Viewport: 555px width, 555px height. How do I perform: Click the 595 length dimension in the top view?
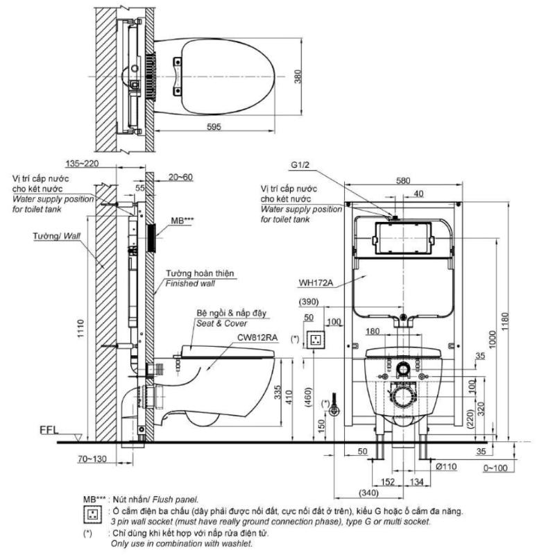click(x=214, y=126)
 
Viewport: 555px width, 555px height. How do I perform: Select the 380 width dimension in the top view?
click(x=298, y=76)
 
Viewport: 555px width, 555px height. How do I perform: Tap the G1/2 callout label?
click(x=300, y=165)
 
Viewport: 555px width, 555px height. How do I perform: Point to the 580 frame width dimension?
click(x=403, y=180)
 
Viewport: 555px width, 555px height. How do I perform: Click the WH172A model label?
click(x=316, y=283)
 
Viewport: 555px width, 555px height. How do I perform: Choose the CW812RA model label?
click(x=257, y=338)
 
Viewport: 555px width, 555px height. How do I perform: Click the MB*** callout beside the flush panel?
click(x=182, y=221)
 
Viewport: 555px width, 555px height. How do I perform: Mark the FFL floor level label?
click(x=49, y=430)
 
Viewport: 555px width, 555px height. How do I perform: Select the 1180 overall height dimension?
click(x=504, y=322)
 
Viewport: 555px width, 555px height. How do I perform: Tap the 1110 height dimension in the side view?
click(x=81, y=328)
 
